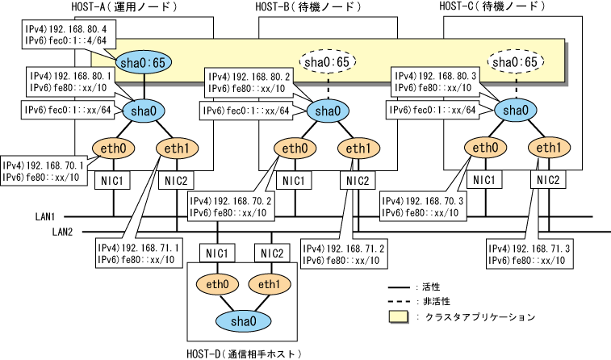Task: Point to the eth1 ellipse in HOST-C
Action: [x=548, y=148]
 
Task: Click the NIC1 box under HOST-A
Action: [x=112, y=180]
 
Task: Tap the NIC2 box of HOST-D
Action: [x=273, y=253]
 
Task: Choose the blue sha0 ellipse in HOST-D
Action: [x=241, y=322]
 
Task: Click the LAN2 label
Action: [x=64, y=232]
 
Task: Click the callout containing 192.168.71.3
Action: [x=530, y=252]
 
